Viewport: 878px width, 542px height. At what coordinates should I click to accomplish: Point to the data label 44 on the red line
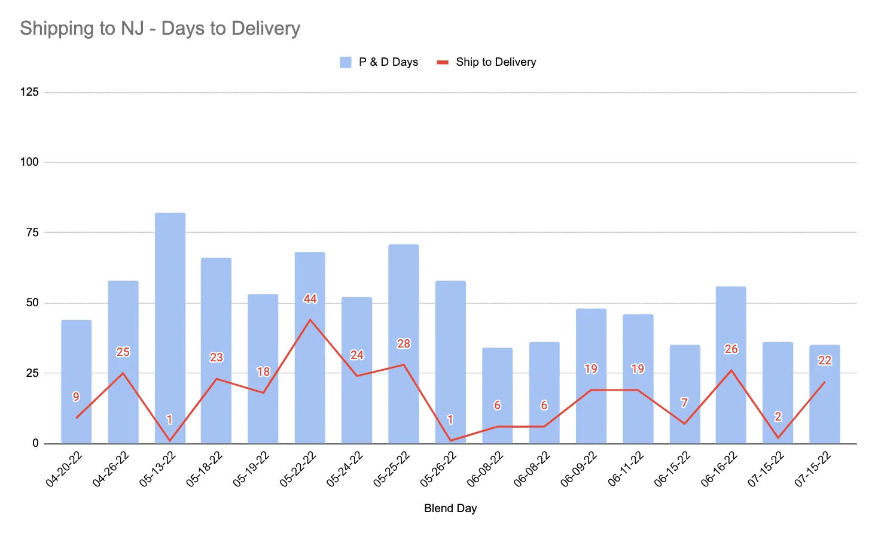pyautogui.click(x=310, y=299)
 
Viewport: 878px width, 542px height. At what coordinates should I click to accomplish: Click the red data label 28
pyautogui.click(x=404, y=343)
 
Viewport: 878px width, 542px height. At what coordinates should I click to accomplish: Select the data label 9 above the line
pyautogui.click(x=76, y=397)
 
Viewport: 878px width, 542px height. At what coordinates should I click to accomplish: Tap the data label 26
pyautogui.click(x=731, y=349)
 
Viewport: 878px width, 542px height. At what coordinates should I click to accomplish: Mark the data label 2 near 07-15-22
pyautogui.click(x=778, y=416)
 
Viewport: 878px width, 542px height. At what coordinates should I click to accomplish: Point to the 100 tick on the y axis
pyautogui.click(x=29, y=162)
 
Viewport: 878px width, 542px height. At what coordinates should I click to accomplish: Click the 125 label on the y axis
pyautogui.click(x=29, y=92)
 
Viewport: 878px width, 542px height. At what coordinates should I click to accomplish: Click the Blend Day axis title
pyautogui.click(x=450, y=508)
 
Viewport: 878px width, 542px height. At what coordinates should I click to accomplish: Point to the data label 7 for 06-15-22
pyautogui.click(x=684, y=403)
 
